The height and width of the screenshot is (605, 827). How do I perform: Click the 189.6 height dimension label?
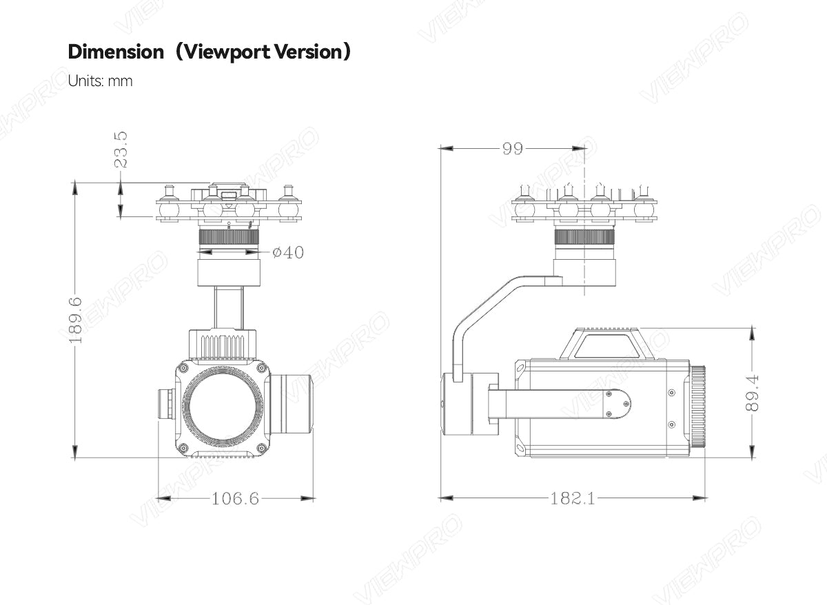tap(75, 320)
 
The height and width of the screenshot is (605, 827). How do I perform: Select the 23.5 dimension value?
tap(121, 150)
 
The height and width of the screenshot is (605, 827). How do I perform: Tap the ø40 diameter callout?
tap(288, 253)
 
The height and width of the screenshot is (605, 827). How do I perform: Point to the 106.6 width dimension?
tap(235, 498)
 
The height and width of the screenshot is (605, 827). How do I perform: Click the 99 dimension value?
tap(512, 148)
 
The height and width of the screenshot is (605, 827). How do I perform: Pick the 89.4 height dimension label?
tap(752, 393)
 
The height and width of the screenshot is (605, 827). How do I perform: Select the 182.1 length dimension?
tap(572, 498)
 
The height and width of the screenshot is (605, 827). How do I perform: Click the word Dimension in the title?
tap(116, 52)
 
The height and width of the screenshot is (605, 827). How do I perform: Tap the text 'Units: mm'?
tap(100, 81)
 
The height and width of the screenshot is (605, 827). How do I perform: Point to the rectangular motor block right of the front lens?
tap(290, 404)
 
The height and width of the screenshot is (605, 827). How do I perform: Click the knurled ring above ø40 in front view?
tap(228, 238)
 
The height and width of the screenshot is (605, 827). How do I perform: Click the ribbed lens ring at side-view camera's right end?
tap(697, 407)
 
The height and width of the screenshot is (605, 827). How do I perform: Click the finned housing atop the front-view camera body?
tap(223, 345)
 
